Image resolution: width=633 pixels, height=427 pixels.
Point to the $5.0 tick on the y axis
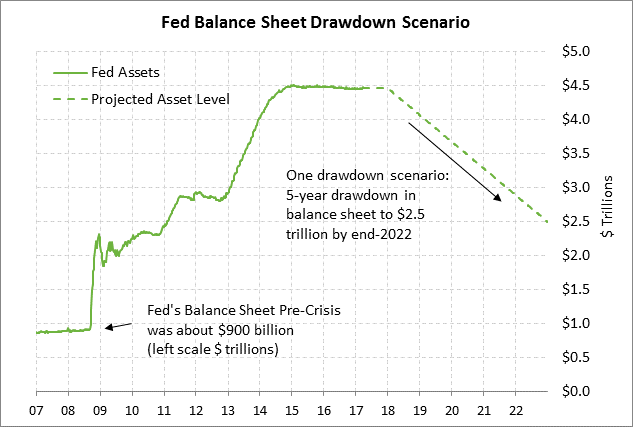[581, 51]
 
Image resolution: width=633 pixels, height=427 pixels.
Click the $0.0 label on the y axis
[581, 391]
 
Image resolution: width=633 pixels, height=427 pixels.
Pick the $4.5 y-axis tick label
[581, 85]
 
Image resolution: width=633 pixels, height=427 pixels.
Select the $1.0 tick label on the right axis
[581, 323]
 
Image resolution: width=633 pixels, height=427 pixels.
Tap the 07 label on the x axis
[37, 409]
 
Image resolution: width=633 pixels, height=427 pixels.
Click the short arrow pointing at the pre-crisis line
[117, 325]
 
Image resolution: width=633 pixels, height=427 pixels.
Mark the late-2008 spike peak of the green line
[99, 235]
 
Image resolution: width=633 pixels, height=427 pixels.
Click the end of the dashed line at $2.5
[547, 221]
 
